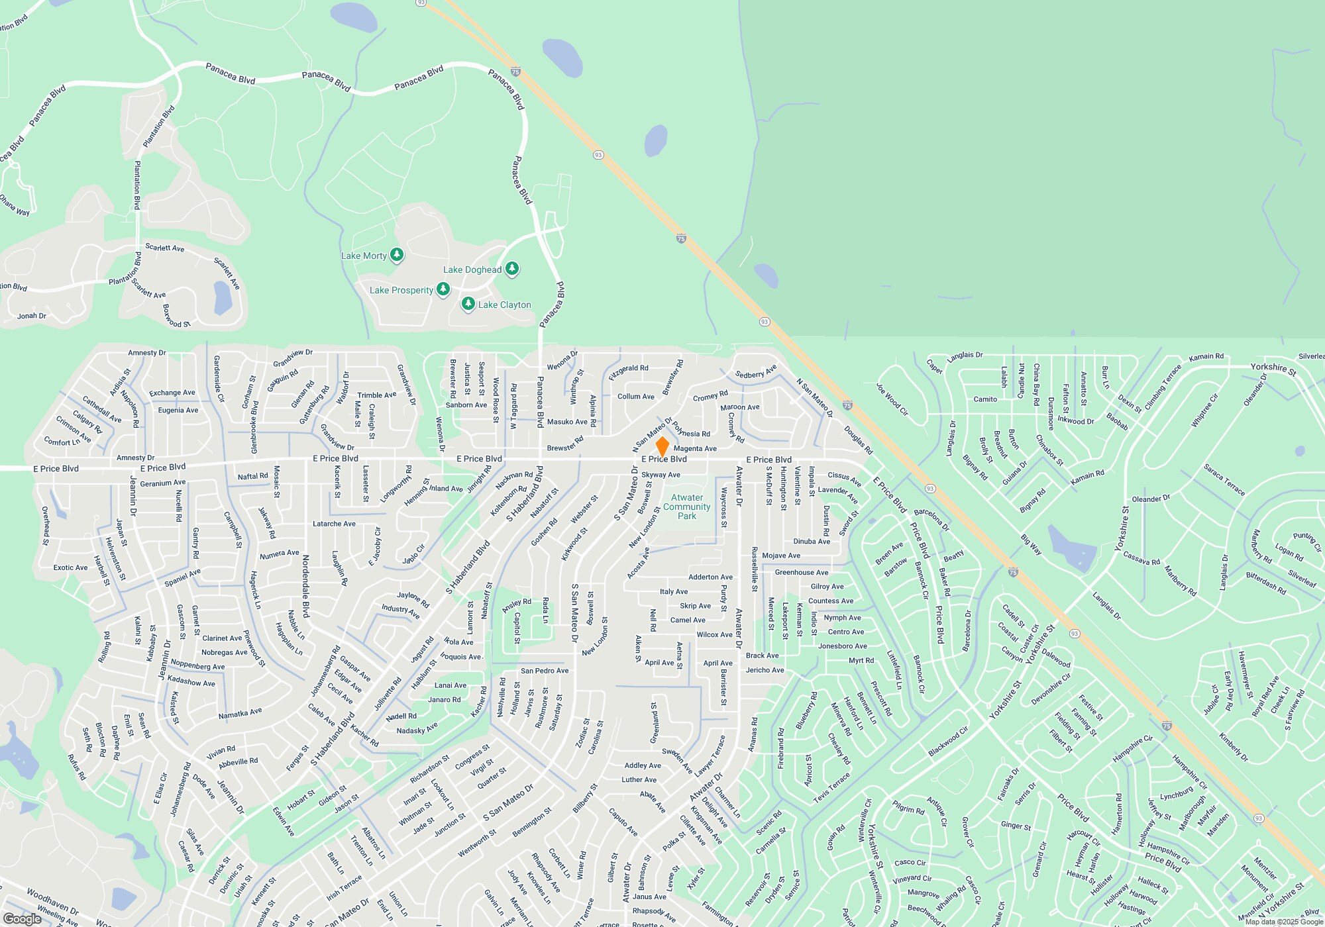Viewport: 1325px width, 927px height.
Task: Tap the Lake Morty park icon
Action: pos(397,254)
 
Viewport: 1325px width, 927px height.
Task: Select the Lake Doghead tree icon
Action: pos(512,268)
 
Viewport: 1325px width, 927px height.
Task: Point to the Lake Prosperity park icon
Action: pos(443,289)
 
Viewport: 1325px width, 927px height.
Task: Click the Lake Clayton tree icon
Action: pos(468,304)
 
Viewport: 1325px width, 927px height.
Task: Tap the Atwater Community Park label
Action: pos(687,507)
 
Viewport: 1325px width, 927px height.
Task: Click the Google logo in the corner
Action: pos(23,918)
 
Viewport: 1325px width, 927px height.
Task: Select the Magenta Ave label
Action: pos(695,448)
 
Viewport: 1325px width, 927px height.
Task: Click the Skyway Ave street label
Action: pos(661,475)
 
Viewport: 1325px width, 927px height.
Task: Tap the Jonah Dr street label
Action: pos(32,316)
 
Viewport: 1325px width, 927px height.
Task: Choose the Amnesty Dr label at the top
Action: pos(147,353)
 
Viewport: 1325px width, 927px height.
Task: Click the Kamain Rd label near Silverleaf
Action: pos(1206,357)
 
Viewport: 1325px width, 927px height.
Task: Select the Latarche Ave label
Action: pos(334,524)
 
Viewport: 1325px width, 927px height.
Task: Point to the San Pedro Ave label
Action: pos(545,671)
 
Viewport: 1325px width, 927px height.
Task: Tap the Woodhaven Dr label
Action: pos(53,903)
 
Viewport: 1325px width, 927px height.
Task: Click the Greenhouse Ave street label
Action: pos(802,572)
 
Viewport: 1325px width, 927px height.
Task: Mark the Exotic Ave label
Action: pos(70,567)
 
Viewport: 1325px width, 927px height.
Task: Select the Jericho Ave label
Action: pos(765,670)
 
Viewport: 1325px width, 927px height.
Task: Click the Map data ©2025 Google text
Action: pos(1284,922)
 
